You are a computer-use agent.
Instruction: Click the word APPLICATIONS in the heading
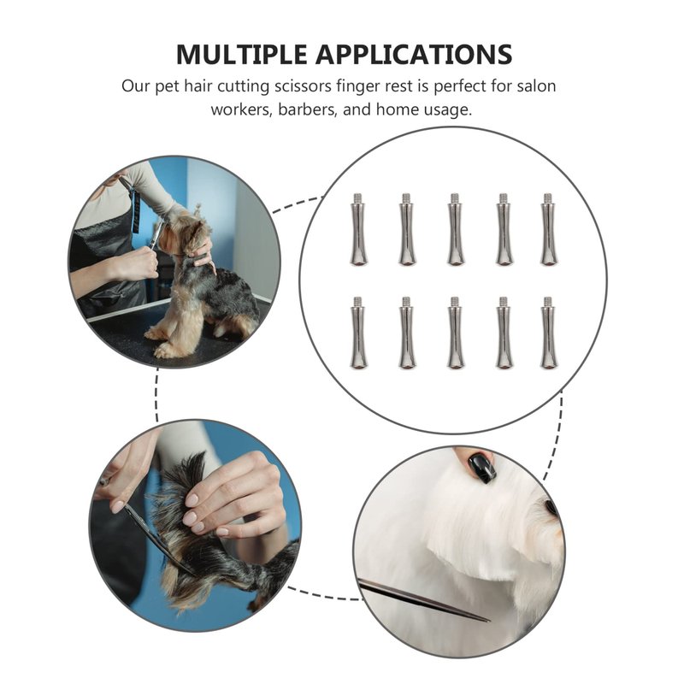tap(414, 55)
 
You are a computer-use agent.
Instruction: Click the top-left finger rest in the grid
tap(358, 229)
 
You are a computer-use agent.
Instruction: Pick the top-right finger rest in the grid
tap(548, 229)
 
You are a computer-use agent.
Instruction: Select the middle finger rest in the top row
tap(455, 229)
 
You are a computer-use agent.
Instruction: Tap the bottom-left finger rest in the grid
tap(358, 333)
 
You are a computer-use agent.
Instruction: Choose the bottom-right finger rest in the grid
tap(548, 333)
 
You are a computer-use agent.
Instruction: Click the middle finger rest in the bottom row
tap(455, 333)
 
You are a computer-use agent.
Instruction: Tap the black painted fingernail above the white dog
tap(481, 467)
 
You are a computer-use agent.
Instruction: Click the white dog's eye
tap(551, 506)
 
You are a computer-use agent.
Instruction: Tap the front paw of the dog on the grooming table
tap(164, 349)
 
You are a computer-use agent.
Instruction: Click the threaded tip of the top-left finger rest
tap(358, 198)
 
